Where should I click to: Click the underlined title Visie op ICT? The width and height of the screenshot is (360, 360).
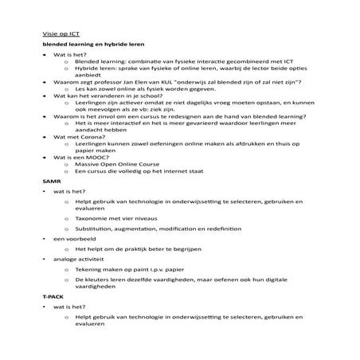pos(62,35)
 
